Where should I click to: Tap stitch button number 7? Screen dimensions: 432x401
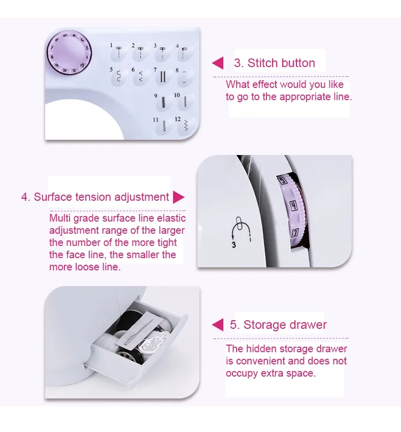coord(163,77)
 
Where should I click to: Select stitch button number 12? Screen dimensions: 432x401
coord(185,125)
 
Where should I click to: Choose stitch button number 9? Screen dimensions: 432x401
coord(163,101)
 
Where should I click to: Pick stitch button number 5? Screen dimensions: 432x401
coord(119,77)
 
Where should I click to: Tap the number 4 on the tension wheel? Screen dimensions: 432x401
coord(293,205)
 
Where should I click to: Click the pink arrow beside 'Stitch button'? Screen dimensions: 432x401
coord(218,63)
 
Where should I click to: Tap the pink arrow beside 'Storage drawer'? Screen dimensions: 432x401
coord(218,325)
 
